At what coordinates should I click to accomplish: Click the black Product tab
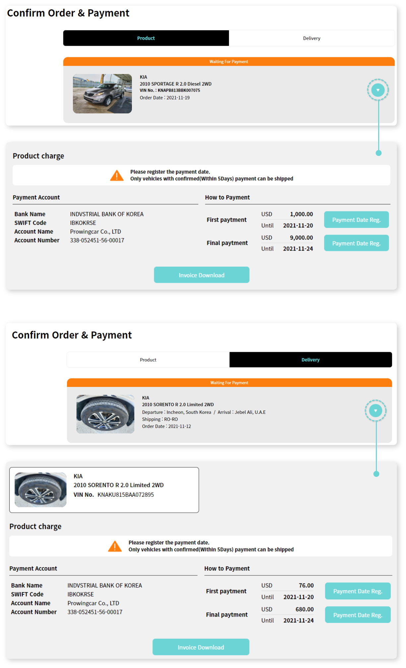146,38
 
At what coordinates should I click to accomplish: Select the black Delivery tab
311,360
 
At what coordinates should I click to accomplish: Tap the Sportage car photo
102,94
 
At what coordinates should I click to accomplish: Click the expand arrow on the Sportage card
378,90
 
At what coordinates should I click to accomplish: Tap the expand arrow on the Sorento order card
376,411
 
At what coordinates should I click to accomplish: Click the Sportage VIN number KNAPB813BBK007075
179,90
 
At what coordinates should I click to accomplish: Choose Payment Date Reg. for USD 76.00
358,591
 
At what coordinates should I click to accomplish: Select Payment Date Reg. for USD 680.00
358,615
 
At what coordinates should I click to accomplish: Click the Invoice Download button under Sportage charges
202,275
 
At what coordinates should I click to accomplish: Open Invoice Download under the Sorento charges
201,647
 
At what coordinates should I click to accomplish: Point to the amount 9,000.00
301,238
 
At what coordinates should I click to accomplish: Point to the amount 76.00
306,585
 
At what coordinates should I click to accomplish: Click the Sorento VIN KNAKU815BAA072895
126,494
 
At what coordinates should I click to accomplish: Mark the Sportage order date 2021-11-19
178,98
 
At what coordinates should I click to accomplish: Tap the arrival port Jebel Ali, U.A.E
250,412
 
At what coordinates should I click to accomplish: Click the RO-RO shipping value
171,419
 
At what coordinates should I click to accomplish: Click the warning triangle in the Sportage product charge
117,175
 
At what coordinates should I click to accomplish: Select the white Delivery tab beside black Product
312,38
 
